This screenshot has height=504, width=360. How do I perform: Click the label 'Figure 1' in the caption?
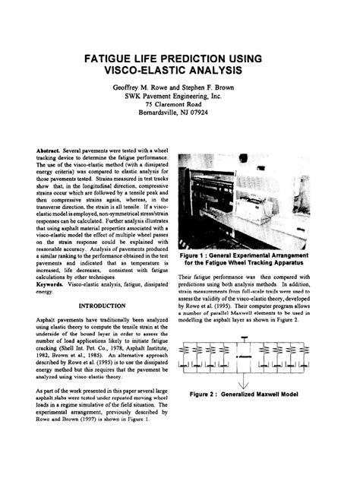click(x=198, y=257)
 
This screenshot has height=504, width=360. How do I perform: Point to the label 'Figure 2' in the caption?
click(x=207, y=395)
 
